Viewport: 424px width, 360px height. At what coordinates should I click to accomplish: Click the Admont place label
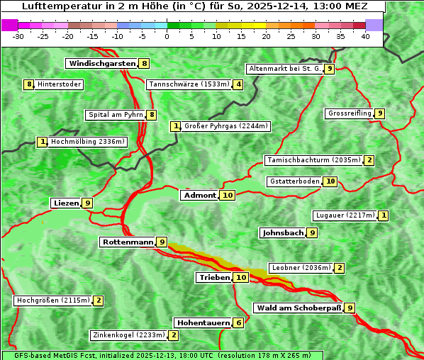(199, 195)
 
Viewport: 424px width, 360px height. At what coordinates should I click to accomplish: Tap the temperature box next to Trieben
(242, 277)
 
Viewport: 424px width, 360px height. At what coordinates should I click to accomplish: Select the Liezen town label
(66, 203)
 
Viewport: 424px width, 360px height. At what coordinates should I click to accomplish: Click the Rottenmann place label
(128, 242)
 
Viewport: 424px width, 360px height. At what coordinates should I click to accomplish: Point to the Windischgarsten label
(101, 63)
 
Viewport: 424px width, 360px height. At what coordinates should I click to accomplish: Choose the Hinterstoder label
(60, 84)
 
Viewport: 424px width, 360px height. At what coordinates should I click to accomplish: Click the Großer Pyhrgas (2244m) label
(225, 126)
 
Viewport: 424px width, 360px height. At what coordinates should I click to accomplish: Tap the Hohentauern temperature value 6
(239, 322)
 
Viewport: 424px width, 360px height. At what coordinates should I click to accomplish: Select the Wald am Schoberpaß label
(298, 308)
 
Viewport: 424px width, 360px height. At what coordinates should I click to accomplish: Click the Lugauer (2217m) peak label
(344, 215)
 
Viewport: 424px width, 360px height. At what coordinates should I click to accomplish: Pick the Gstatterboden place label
(294, 181)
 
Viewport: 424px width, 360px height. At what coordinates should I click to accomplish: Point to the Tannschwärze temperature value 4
(239, 84)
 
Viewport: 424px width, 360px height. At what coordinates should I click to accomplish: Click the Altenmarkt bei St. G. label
(284, 69)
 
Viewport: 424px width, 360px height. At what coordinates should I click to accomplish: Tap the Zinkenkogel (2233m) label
(128, 334)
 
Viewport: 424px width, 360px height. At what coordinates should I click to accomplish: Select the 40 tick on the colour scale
(365, 35)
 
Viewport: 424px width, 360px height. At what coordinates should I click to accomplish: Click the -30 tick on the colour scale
(18, 35)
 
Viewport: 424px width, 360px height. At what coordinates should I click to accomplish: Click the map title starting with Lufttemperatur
(193, 6)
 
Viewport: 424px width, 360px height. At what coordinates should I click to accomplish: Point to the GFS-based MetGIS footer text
(162, 355)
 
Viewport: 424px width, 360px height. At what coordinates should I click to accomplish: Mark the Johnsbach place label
(283, 232)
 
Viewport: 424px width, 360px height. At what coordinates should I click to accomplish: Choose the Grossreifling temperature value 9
(380, 113)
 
